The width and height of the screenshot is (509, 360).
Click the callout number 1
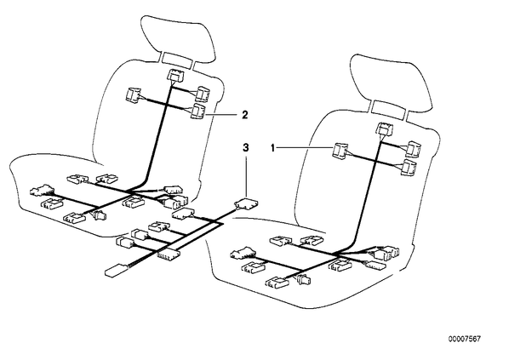272,148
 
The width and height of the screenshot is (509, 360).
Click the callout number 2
245,115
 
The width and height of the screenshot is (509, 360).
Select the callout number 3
246,148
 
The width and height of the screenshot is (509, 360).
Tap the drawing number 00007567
464,339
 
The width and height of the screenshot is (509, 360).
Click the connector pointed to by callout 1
340,151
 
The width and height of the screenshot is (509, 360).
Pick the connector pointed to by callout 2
197,111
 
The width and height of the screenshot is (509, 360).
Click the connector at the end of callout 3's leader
247,203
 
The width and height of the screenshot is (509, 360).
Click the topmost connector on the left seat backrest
175,76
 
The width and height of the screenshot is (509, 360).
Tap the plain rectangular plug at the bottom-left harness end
116,270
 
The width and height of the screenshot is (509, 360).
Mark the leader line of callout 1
305,148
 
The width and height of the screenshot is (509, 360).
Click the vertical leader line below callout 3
246,177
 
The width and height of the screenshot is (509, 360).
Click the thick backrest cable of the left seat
157,136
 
